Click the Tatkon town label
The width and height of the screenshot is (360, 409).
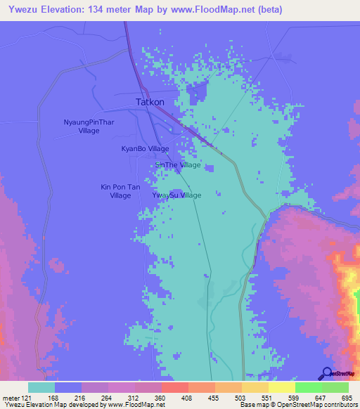150,102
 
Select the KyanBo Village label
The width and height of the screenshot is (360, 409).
145,149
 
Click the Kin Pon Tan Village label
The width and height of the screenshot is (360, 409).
120,191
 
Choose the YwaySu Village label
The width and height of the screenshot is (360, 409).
176,195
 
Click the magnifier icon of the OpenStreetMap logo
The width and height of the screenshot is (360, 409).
326,373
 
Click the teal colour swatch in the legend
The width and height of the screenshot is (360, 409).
41,387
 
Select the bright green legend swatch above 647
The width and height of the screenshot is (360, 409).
309,387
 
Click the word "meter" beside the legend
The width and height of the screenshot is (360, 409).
12,398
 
